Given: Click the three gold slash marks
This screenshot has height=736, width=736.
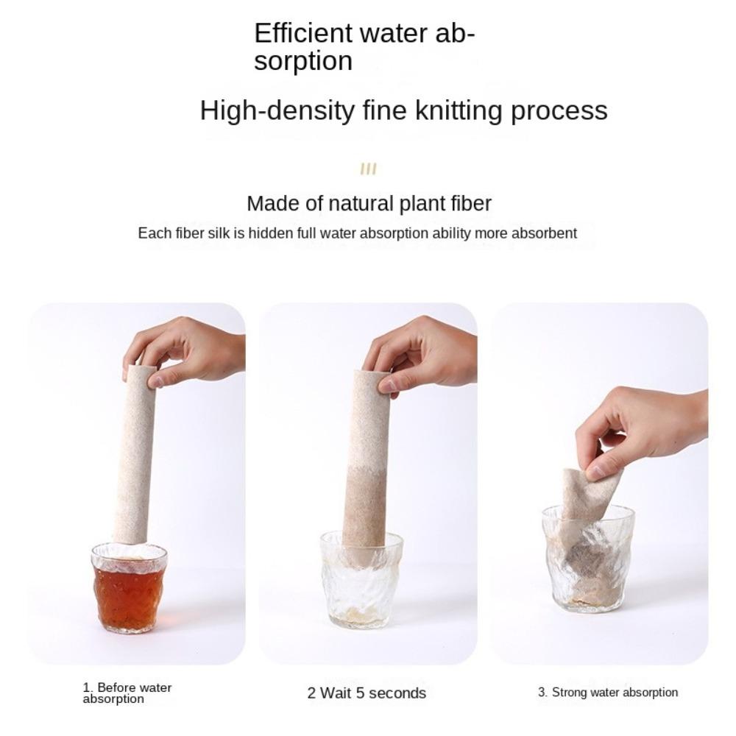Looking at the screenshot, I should [x=368, y=170].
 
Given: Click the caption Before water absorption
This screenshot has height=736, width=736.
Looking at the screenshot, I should [x=127, y=693].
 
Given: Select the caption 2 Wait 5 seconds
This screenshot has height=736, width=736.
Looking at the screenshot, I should [x=367, y=693].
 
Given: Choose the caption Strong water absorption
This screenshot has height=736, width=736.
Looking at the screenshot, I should [x=608, y=692].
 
